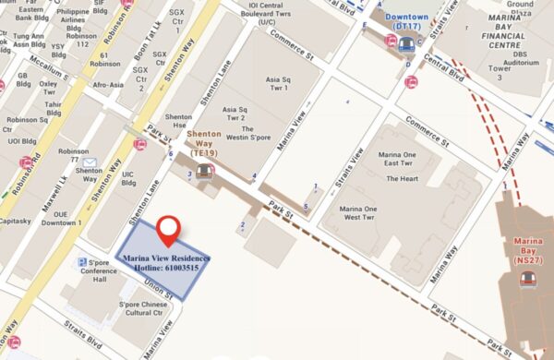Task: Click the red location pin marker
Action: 167,228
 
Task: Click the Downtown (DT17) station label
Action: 406,23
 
